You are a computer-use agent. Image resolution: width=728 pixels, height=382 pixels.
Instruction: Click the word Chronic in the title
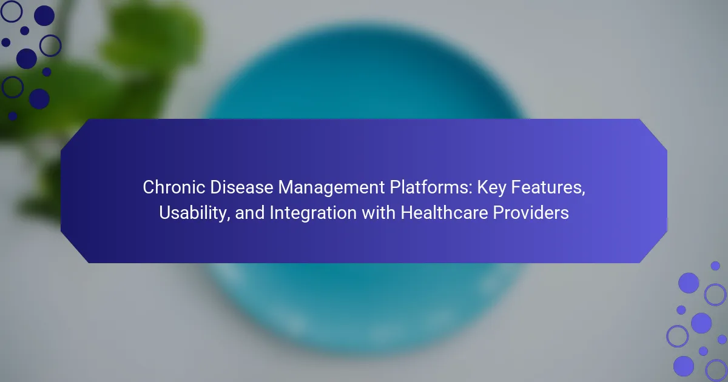tap(174, 187)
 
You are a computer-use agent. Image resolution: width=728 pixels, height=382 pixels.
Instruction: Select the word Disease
tap(241, 187)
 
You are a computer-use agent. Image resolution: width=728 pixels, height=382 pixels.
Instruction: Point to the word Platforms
tap(429, 187)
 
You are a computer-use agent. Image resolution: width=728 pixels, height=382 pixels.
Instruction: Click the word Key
tap(491, 188)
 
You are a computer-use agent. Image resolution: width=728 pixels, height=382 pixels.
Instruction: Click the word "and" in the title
tap(249, 213)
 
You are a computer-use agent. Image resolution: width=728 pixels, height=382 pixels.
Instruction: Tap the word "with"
tap(379, 213)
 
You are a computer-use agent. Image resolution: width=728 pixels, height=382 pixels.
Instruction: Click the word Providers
tap(531, 213)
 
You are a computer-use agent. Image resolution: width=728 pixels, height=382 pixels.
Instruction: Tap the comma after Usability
tap(229, 219)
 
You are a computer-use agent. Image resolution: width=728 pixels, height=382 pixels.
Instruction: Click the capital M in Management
tap(286, 187)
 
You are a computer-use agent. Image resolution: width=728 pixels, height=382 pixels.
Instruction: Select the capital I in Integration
tap(272, 213)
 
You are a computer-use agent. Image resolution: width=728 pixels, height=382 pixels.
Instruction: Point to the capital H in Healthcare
tap(406, 213)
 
